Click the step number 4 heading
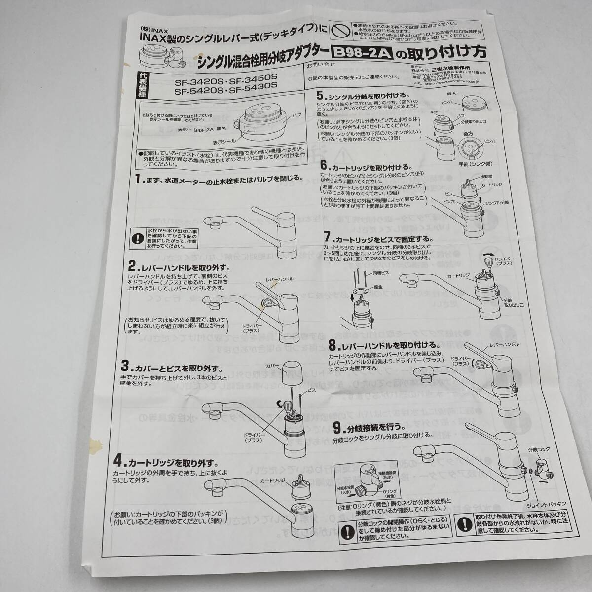pos(118,462)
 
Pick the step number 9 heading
pos(335,426)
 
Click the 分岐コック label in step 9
pos(538,450)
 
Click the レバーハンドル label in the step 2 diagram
pos(279,279)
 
